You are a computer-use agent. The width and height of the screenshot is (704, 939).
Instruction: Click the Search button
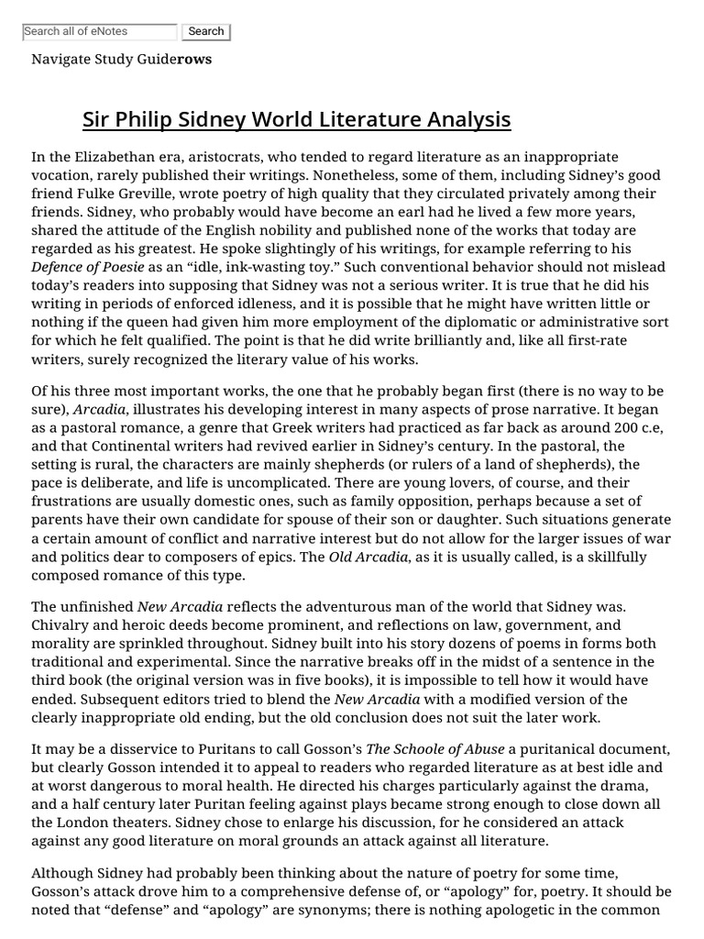pyautogui.click(x=205, y=32)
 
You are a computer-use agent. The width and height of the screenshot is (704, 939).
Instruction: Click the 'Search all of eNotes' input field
pyautogui.click(x=99, y=32)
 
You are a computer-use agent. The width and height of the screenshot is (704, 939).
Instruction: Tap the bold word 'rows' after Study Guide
pyautogui.click(x=193, y=60)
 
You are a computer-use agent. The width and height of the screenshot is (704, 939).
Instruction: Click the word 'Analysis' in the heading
pyautogui.click(x=466, y=120)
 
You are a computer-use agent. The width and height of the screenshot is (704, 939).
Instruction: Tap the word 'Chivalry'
pyautogui.click(x=61, y=625)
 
